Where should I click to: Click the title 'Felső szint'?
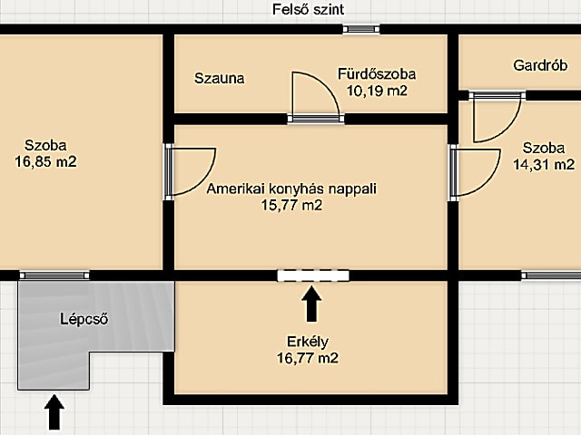click(309, 9)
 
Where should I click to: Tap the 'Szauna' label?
click(220, 79)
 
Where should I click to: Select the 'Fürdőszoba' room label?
click(377, 74)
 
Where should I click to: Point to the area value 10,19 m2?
click(377, 91)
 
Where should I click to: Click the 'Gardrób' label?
click(540, 65)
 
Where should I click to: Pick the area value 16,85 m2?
click(45, 161)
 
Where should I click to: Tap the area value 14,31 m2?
click(544, 164)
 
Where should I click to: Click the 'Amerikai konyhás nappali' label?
click(291, 188)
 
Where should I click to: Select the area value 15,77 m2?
click(291, 205)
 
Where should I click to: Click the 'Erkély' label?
click(308, 342)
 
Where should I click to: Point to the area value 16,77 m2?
click(308, 358)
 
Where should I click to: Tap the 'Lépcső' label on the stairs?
click(84, 319)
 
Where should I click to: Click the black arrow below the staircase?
click(54, 412)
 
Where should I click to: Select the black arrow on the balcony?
click(311, 304)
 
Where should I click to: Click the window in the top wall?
click(361, 29)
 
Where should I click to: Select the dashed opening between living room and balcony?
click(313, 275)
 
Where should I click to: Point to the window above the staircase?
click(54, 275)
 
